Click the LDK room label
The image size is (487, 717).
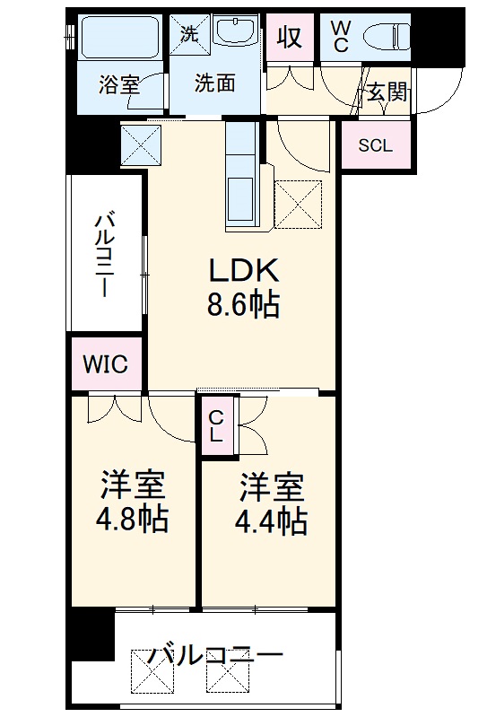pyautogui.click(x=244, y=271)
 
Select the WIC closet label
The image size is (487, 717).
pyautogui.click(x=106, y=364)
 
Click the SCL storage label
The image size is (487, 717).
pyautogui.click(x=375, y=145)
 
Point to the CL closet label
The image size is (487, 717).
pyautogui.click(x=215, y=425)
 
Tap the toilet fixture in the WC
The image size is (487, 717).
pyautogui.click(x=386, y=36)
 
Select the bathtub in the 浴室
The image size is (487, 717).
pyautogui.click(x=118, y=38)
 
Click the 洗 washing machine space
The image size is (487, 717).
pyautogui.click(x=190, y=34)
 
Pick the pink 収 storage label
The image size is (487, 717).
pyautogui.click(x=290, y=38)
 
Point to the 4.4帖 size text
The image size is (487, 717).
pyautogui.click(x=271, y=520)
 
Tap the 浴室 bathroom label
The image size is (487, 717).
pyautogui.click(x=119, y=84)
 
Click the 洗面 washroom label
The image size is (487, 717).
pyautogui.click(x=214, y=83)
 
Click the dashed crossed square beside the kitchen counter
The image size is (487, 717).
pyautogui.click(x=299, y=204)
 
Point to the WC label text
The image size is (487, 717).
pyautogui.click(x=340, y=37)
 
